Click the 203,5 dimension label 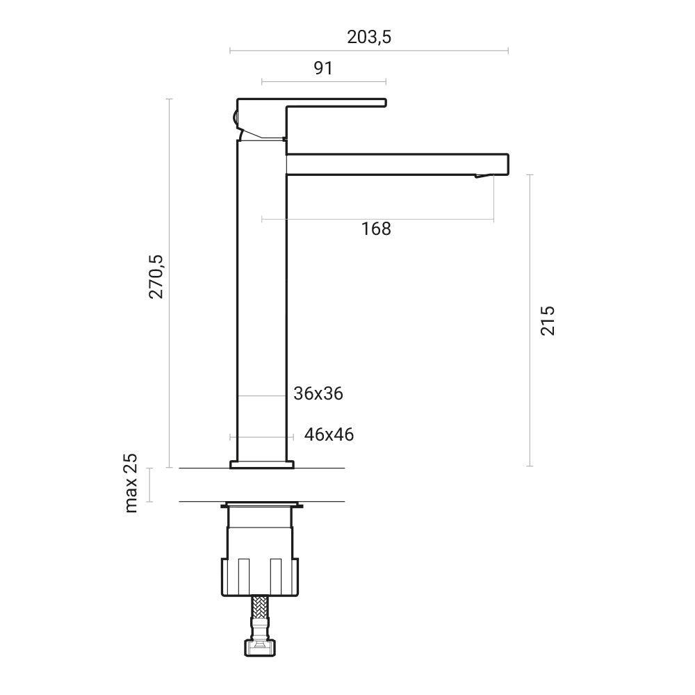[369, 38]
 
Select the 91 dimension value [323, 68]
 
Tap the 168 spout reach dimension [376, 229]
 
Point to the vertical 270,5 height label [156, 277]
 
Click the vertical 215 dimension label [548, 320]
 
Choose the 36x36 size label [318, 393]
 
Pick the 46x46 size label [329, 435]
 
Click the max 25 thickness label [131, 483]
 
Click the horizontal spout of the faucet [396, 164]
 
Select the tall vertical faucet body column [262, 299]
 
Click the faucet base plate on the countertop [262, 464]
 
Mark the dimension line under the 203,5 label [369, 51]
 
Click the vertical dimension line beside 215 [530, 320]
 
